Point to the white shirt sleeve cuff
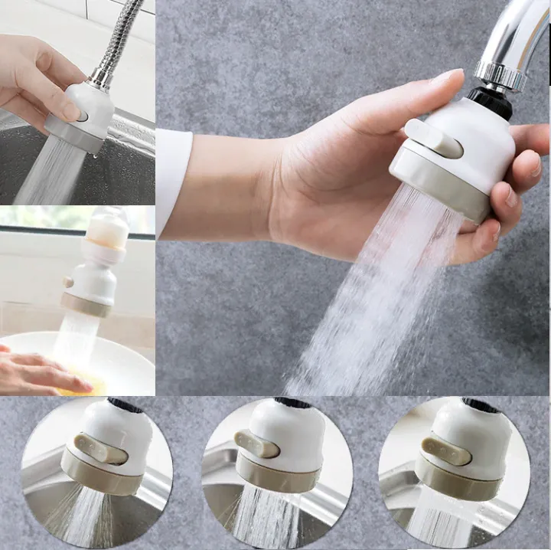click(173, 180)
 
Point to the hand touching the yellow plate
click(38, 372)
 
